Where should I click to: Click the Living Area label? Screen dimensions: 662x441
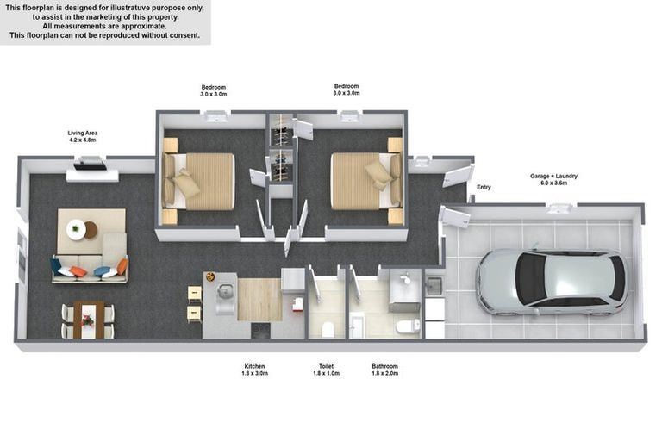tap(83, 136)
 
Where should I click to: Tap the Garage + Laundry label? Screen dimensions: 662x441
tap(553, 179)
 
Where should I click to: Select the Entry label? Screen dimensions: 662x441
tap(484, 187)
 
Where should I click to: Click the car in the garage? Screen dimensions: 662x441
tap(552, 282)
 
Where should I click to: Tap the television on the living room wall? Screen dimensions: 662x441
tap(90, 163)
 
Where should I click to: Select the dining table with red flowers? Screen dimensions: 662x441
tap(89, 320)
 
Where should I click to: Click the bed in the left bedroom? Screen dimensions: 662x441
tap(198, 182)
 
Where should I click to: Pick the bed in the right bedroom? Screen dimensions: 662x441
tap(366, 181)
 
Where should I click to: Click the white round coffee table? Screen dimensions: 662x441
tap(76, 230)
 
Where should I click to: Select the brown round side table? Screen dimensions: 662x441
tap(91, 230)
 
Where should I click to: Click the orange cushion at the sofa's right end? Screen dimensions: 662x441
tap(122, 266)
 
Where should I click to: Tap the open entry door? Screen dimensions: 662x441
tap(456, 176)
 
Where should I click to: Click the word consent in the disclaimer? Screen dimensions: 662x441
tap(185, 35)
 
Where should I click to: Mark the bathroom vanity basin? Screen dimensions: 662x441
tap(405, 278)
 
